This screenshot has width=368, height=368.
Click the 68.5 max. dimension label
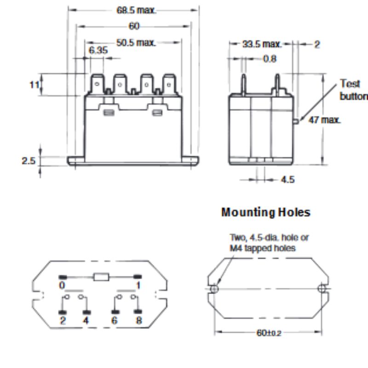pyautogui.click(x=137, y=10)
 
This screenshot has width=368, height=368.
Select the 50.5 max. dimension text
pyautogui.click(x=136, y=43)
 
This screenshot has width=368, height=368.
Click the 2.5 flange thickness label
pyautogui.click(x=29, y=161)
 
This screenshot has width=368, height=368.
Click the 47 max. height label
pyautogui.click(x=324, y=120)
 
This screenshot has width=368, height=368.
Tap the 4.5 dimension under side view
pyautogui.click(x=287, y=179)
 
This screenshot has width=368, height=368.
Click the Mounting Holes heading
pyautogui.click(x=266, y=212)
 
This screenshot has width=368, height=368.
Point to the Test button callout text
pyautogui.click(x=352, y=90)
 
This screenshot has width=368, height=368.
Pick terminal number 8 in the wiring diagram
pyautogui.click(x=138, y=321)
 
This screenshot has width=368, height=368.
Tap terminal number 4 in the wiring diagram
pyautogui.click(x=86, y=321)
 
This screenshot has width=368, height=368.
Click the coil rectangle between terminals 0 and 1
pyautogui.click(x=101, y=276)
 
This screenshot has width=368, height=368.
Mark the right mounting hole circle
pyautogui.click(x=322, y=288)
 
